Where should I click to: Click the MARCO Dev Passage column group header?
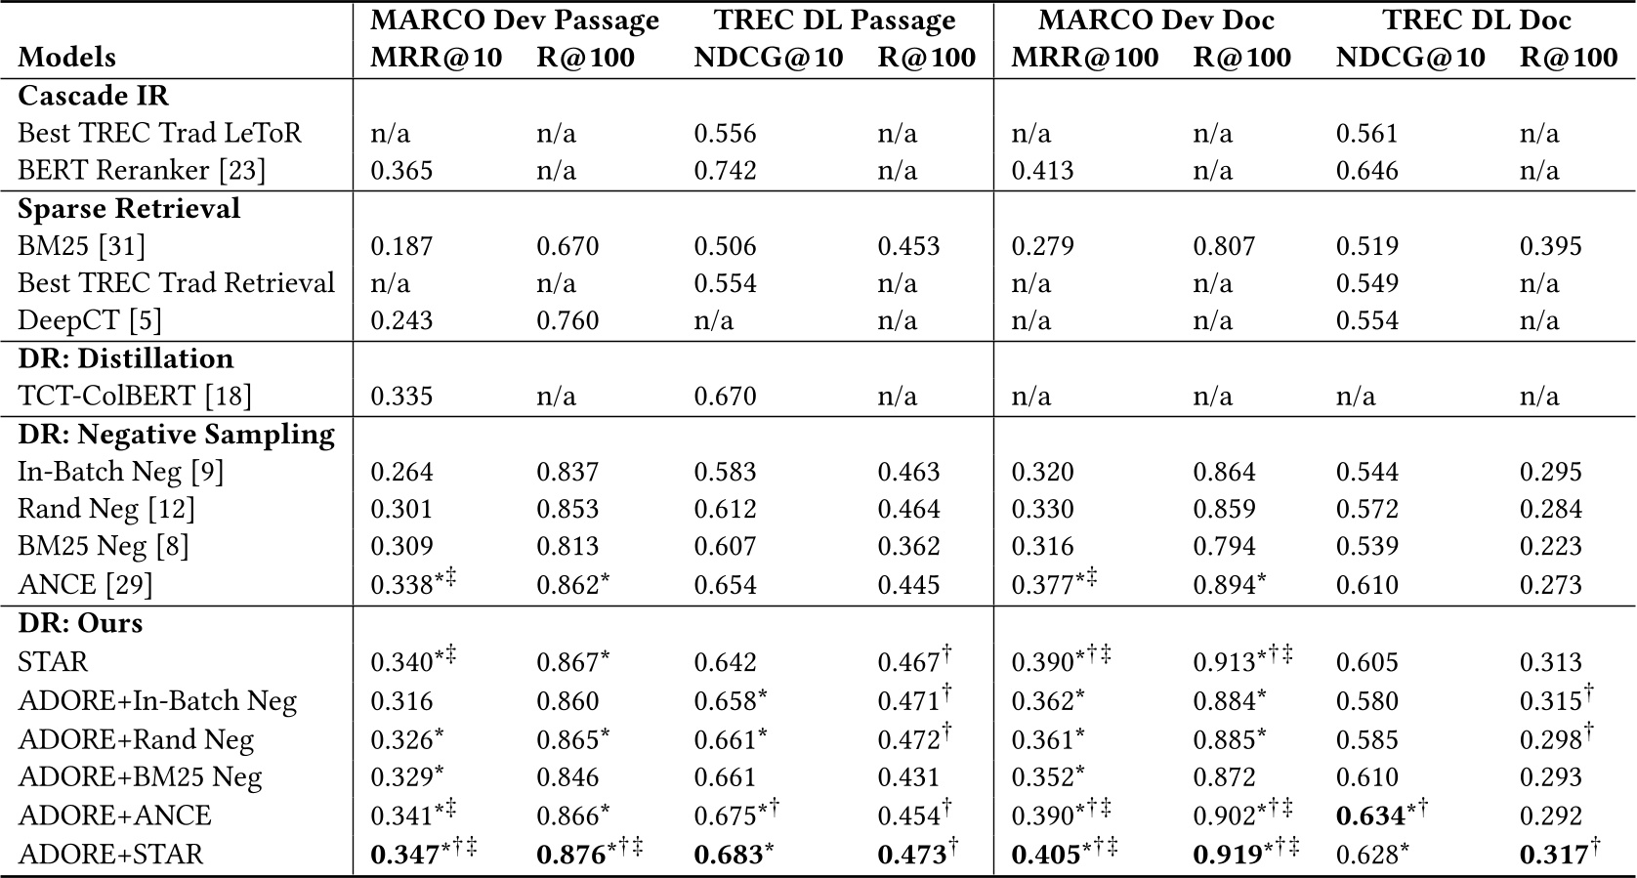[515, 20]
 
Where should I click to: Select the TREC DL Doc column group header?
[1477, 20]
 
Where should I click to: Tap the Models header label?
[66, 57]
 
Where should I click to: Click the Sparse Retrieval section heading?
[129, 208]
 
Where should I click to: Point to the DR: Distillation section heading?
[126, 358]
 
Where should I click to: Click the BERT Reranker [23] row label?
[142, 170]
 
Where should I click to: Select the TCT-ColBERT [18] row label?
[135, 396]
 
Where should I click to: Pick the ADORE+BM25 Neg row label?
[140, 776]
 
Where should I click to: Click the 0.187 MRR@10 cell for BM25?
[401, 245]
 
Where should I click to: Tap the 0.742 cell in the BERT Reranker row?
[725, 170]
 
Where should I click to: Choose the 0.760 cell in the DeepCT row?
[567, 320]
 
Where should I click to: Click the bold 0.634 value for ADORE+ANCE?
[1369, 815]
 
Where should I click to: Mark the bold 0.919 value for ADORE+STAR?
[1228, 855]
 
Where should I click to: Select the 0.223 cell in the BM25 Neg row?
[1550, 546]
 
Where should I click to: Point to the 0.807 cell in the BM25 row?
[1224, 245]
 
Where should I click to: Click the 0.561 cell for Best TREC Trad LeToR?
[1367, 133]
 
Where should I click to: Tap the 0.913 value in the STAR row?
[1224, 662]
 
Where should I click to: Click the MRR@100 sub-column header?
[1084, 57]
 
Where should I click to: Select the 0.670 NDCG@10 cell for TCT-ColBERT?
[725, 396]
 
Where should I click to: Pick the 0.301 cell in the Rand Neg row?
[401, 509]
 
